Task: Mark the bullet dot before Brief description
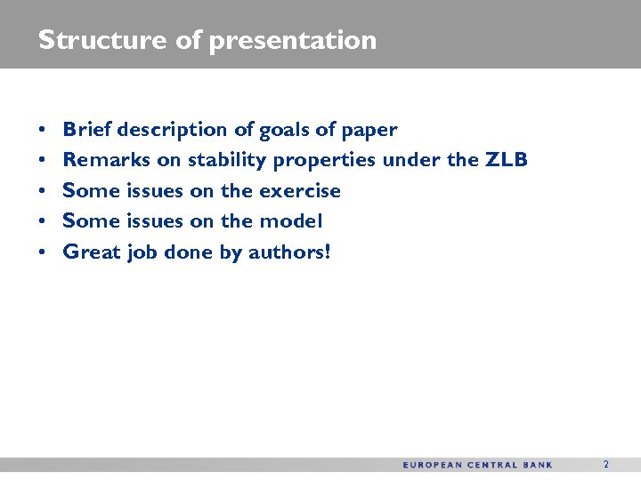pos(43,131)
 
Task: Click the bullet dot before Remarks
pos(43,161)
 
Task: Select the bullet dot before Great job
pos(43,252)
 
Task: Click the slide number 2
pos(606,465)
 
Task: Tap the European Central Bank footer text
pos(477,465)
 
